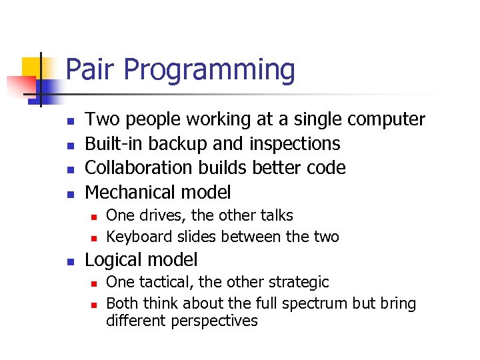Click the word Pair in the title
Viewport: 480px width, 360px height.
[x=92, y=70]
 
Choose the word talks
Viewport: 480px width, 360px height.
[x=275, y=215]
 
